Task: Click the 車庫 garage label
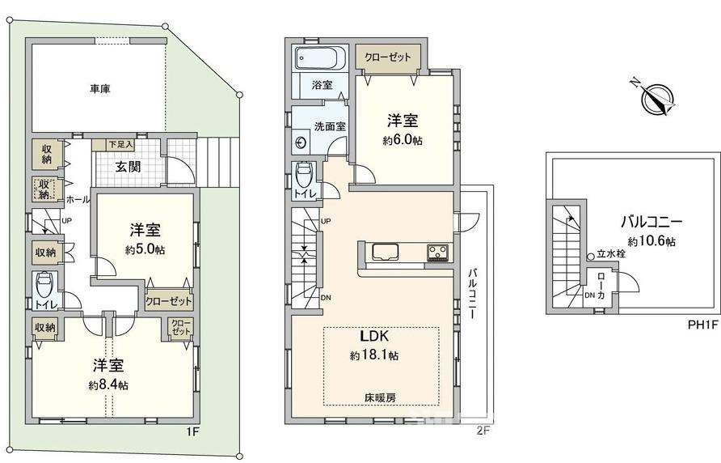[100, 90]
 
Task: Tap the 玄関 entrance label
[126, 168]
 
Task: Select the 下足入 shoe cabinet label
[107, 146]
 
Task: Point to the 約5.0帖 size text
[145, 250]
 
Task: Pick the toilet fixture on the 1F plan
[45, 285]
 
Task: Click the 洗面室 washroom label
[330, 126]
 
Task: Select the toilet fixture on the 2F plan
[305, 173]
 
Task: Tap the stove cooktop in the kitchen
[439, 252]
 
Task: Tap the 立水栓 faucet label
[611, 253]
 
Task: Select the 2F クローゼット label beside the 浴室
[387, 58]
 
